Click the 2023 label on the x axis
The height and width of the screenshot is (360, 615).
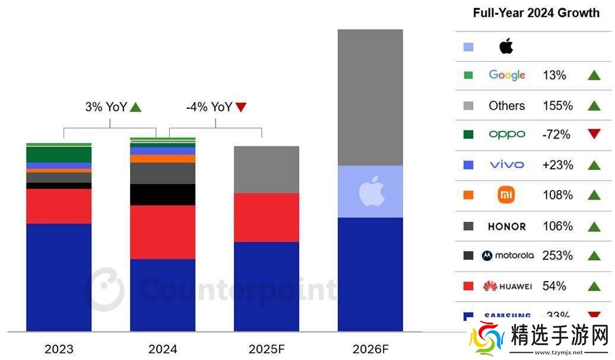[59, 349]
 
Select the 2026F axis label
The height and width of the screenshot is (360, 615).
[370, 349]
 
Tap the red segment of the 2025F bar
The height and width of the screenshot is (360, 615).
[266, 217]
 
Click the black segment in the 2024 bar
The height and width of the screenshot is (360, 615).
[163, 194]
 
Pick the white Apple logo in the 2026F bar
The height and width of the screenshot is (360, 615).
[372, 191]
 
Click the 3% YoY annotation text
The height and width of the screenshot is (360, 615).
[104, 107]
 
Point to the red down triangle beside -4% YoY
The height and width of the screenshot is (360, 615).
[241, 107]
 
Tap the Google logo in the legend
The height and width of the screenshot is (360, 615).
[507, 75]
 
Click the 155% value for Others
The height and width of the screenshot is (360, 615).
[557, 106]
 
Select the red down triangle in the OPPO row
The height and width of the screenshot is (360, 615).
[594, 134]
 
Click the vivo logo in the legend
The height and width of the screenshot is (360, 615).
[507, 165]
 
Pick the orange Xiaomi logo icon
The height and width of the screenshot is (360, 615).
[506, 195]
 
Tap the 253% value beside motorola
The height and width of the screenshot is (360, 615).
[557, 255]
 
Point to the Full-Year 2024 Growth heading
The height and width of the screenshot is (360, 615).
[536, 13]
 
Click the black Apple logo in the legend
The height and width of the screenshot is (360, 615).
[506, 46]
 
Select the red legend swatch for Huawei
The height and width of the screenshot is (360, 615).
[468, 286]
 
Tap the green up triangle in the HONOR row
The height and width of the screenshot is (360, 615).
[594, 226]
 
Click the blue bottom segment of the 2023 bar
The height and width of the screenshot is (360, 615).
[59, 277]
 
